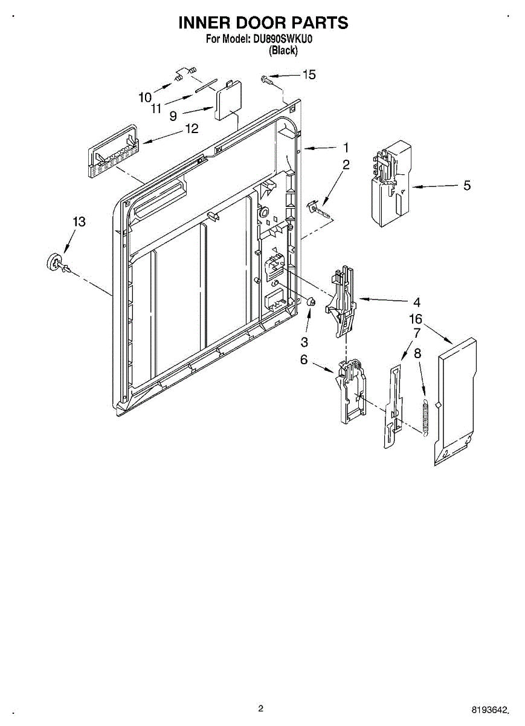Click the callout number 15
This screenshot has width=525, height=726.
click(309, 75)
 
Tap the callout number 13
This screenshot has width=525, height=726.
click(79, 221)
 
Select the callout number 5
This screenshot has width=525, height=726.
click(467, 185)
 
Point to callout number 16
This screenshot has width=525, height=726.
click(416, 319)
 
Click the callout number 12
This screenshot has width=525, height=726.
click(192, 129)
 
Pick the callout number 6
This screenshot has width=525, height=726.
click(304, 359)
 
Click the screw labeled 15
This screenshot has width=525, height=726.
click(266, 79)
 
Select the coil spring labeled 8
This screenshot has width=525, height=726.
click(425, 418)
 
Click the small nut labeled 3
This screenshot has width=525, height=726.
click(311, 302)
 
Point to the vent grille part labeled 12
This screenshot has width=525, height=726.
click(113, 152)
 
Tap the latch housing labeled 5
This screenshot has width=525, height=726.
click(391, 183)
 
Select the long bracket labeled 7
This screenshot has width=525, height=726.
click(393, 406)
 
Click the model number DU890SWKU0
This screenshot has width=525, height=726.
click(281, 39)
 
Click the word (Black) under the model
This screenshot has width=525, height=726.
click(283, 50)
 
